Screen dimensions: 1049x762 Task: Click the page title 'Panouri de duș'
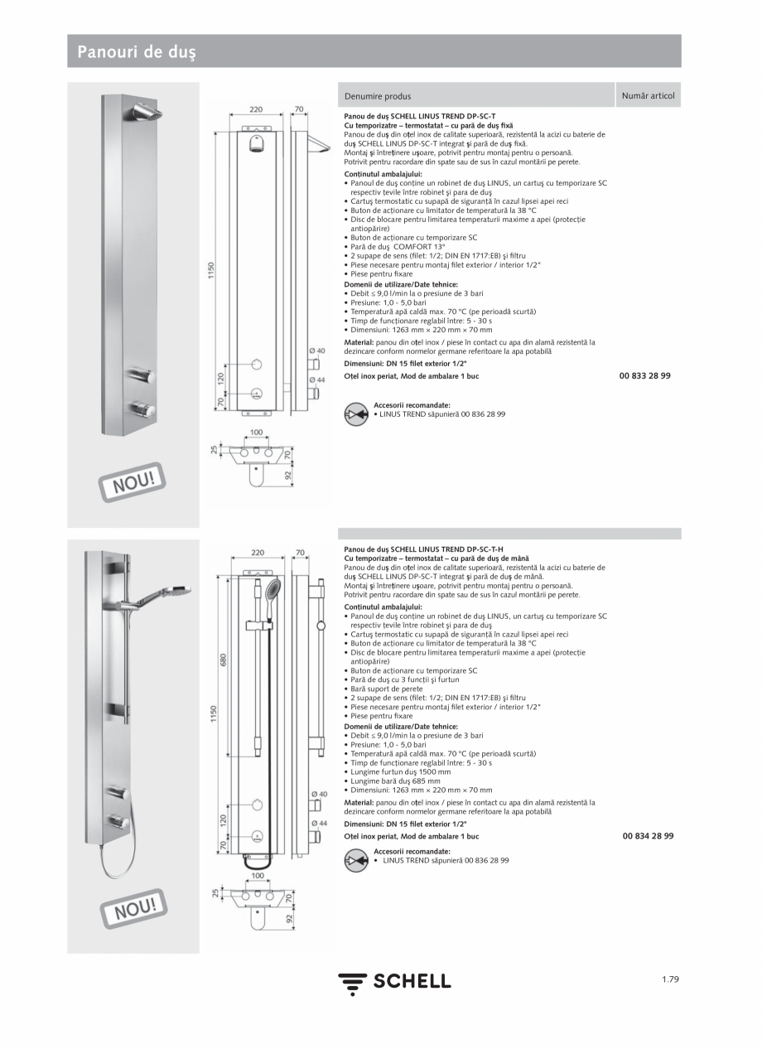pos(137,52)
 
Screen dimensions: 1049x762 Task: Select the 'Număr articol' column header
pos(648,96)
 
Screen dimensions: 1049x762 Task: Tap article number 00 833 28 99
pos(644,376)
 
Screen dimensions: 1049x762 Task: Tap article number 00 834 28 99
pos(648,837)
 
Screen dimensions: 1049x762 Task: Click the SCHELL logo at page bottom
pos(394,982)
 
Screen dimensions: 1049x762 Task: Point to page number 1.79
pos(670,979)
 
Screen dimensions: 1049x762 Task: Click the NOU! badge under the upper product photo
pos(133,481)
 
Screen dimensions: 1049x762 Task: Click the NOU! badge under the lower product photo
pos(133,909)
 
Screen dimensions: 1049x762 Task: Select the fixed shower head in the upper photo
pos(145,112)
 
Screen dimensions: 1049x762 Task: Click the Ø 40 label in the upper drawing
pos(317,351)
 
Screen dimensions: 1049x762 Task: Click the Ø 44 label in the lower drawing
pos(318,823)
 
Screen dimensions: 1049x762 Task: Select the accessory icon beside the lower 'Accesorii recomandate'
pos(356,861)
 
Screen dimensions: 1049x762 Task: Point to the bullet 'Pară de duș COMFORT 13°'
pos(398,247)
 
